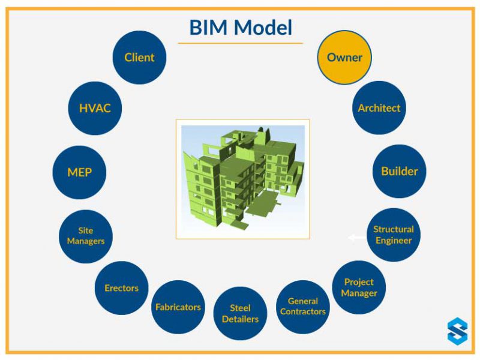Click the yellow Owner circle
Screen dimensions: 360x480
(344, 58)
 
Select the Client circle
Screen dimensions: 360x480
(139, 58)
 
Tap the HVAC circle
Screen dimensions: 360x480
(95, 109)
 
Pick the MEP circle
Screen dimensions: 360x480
(79, 172)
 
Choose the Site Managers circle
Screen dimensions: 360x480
(86, 236)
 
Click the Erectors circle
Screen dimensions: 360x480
(121, 288)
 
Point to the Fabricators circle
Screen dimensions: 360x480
(178, 307)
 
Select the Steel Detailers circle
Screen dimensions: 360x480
(240, 314)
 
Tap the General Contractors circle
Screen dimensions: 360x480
(303, 307)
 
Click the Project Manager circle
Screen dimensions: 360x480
(359, 287)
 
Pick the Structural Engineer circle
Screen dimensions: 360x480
(394, 235)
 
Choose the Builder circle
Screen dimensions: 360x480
(399, 171)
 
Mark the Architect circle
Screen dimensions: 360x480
(379, 108)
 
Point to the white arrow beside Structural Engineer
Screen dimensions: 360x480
(356, 238)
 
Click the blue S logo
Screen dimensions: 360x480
(457, 331)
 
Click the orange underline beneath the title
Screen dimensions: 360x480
(240, 43)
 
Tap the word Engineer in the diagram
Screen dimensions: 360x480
(394, 241)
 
